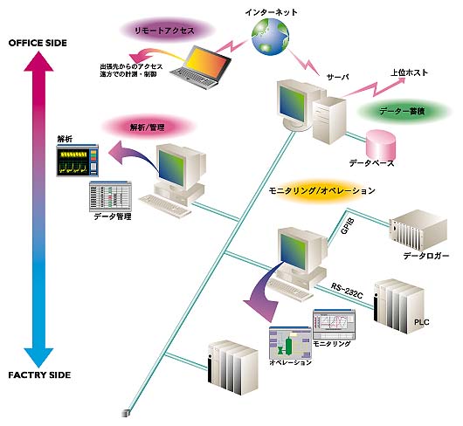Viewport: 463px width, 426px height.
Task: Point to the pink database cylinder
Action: [381, 143]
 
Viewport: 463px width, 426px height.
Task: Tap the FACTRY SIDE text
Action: [40, 375]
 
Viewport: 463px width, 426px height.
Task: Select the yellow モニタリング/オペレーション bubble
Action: [322, 190]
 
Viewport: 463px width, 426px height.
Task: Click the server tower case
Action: [328, 119]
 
